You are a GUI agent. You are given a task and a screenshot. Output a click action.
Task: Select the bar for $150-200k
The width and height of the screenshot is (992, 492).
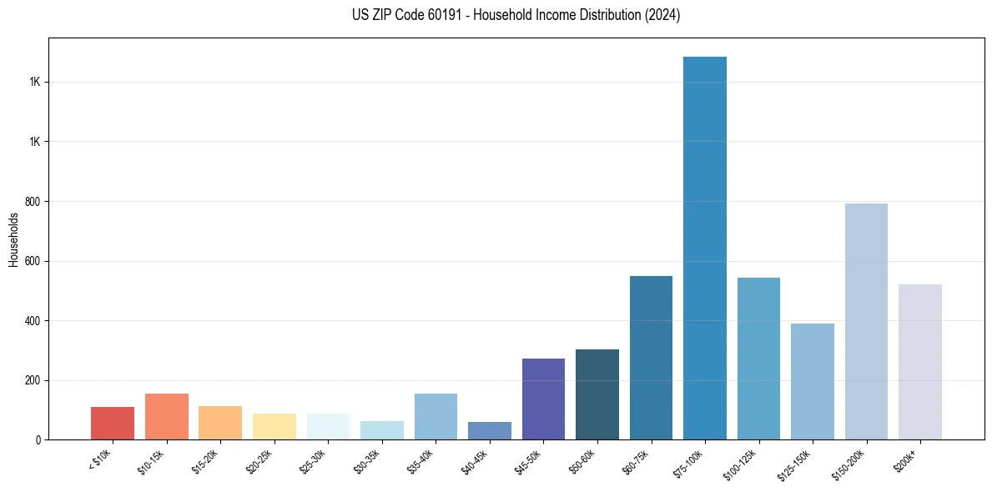point(866,321)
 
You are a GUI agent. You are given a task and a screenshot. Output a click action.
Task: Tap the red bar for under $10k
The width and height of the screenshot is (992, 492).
point(113,423)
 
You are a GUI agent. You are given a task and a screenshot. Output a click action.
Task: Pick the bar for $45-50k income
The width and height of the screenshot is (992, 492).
point(543,399)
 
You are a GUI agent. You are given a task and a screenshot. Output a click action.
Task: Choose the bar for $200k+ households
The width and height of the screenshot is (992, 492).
point(920,362)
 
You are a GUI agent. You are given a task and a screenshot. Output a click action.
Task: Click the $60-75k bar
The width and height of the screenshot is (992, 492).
point(651,357)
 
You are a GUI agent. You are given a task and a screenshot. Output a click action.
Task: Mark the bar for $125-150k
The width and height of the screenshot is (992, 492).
point(813,381)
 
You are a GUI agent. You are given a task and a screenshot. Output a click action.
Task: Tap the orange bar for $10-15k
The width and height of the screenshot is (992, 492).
point(167,416)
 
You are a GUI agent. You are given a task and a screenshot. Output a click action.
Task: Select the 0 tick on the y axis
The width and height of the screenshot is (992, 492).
point(37,440)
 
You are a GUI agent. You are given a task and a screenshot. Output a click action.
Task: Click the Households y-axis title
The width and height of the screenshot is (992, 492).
point(13,239)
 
